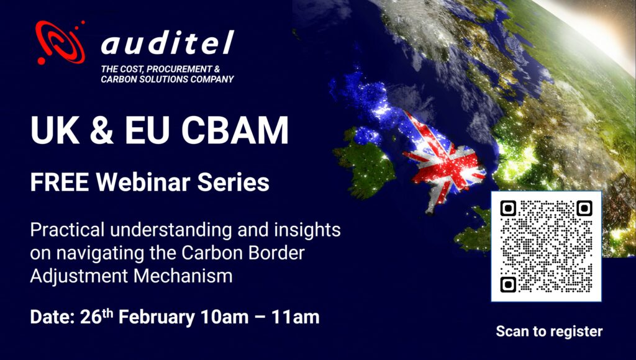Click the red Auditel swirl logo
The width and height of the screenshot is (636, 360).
[x=60, y=42]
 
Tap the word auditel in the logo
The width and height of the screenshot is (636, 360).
[x=168, y=43]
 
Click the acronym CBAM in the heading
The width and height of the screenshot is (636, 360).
[x=235, y=130]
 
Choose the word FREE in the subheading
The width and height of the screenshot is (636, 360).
[x=60, y=182]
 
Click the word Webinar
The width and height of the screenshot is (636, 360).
[x=143, y=182]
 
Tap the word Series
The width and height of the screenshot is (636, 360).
[x=234, y=182]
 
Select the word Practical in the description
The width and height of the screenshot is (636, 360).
[x=67, y=230]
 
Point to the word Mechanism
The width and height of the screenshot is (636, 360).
[x=183, y=276]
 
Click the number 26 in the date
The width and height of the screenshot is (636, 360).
[x=91, y=317]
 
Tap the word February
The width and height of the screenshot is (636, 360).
[x=156, y=317]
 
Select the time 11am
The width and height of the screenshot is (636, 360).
[x=296, y=317]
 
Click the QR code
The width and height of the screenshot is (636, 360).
[x=546, y=246]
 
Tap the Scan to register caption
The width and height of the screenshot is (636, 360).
[x=549, y=331]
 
